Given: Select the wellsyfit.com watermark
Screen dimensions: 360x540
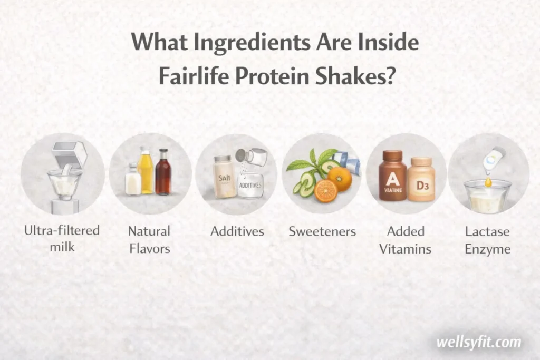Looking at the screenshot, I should pyautogui.click(x=478, y=342).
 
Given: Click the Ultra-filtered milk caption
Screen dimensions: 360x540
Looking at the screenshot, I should pyautogui.click(x=62, y=238).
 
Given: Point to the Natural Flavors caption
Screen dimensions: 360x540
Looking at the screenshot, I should pyautogui.click(x=149, y=239).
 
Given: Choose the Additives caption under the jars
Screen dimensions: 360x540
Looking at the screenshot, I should pyautogui.click(x=237, y=231).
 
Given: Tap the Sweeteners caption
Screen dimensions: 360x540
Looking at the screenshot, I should pyautogui.click(x=322, y=231).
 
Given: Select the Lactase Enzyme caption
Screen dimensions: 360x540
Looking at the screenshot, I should pyautogui.click(x=487, y=239).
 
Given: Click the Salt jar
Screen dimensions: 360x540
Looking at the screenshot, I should pyautogui.click(x=225, y=177).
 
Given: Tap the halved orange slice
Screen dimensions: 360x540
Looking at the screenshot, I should pyautogui.click(x=326, y=191).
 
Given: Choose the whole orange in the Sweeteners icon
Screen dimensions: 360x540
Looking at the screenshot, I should pyautogui.click(x=340, y=179).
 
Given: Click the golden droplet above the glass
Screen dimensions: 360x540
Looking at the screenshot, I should pyautogui.click(x=488, y=182).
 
